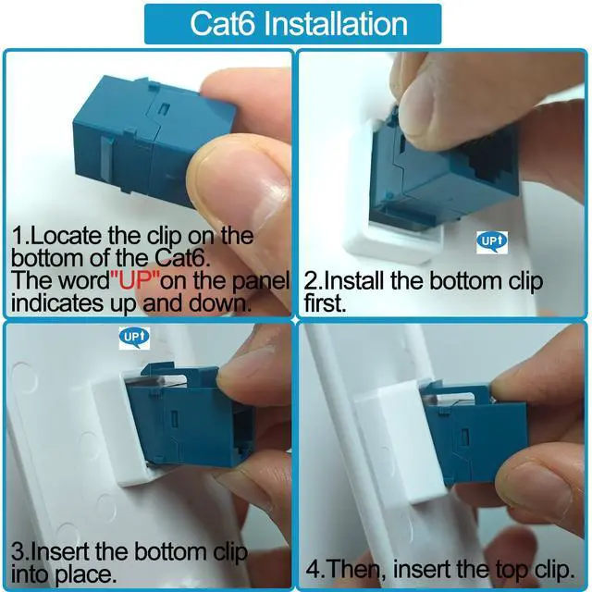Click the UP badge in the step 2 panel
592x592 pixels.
491,242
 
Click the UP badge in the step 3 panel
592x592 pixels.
134,338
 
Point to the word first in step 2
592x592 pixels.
325,303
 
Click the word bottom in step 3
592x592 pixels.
171,552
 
